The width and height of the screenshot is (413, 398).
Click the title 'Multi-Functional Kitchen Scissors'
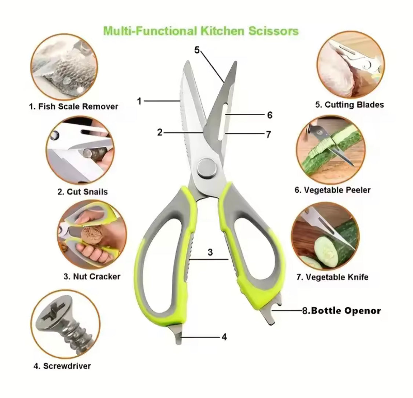pos(201,30)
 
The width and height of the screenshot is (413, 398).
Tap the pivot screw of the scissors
pos(206,168)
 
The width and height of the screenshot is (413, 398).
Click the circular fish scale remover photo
pos(65,70)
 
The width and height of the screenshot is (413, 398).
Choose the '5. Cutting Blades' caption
pos(349,105)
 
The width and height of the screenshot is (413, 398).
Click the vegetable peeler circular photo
pos(330,151)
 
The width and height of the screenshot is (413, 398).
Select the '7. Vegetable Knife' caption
pos(332,277)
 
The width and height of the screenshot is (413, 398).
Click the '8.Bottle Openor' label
pos(341,311)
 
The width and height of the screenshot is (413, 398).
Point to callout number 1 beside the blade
pos(139,101)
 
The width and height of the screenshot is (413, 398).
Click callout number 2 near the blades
pos(160,132)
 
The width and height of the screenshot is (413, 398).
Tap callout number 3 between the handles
pos(210,252)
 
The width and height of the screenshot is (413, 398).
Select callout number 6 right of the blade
pos(270,115)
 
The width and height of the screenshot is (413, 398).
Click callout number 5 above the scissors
pos(197,50)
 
